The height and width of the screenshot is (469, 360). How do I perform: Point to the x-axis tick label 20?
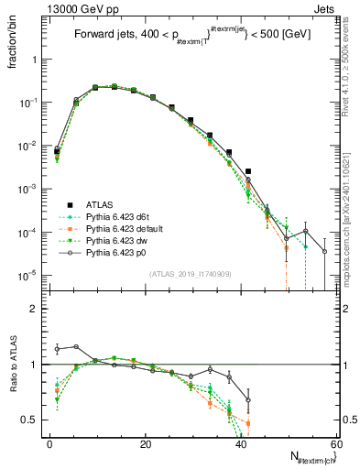pyautogui.click(x=146, y=444)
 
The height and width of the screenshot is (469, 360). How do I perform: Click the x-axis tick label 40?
pyautogui.click(x=241, y=444)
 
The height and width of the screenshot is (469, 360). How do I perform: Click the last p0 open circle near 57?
pyautogui.click(x=324, y=251)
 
